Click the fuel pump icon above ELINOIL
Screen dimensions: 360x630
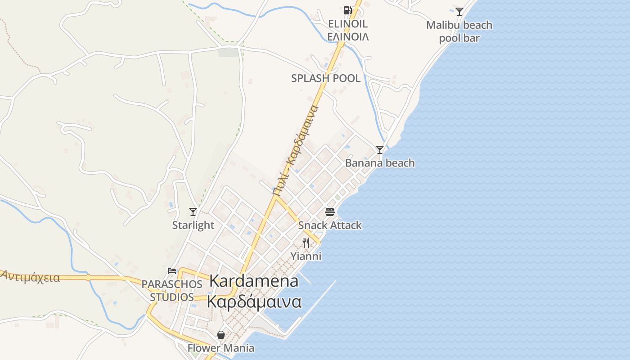coord(347,10)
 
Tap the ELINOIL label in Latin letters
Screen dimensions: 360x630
coord(348,24)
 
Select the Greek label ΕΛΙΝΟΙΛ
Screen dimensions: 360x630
coord(348,37)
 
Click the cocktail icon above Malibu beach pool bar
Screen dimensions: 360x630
coord(459,12)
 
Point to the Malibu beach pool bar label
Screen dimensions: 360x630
coord(459,31)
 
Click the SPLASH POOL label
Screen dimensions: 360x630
coord(326,78)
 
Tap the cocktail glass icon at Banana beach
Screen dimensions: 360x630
coord(380,149)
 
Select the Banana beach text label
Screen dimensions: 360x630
coord(380,163)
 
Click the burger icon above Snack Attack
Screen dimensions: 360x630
coord(330,212)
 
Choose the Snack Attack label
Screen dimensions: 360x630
coord(330,225)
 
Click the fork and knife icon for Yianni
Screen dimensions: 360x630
coord(306,243)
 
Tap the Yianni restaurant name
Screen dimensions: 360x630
coord(306,256)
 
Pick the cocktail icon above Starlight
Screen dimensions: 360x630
coord(193,211)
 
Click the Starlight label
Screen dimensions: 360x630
coord(193,225)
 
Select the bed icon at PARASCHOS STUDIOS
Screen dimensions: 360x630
coord(171,270)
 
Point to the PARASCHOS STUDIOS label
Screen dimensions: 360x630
coord(172,291)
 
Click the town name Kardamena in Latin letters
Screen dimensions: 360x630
coord(254,281)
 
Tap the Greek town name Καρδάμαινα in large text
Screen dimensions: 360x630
coord(254,301)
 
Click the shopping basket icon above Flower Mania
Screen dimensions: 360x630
coord(221,335)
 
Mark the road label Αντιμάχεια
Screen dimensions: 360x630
coord(31,277)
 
